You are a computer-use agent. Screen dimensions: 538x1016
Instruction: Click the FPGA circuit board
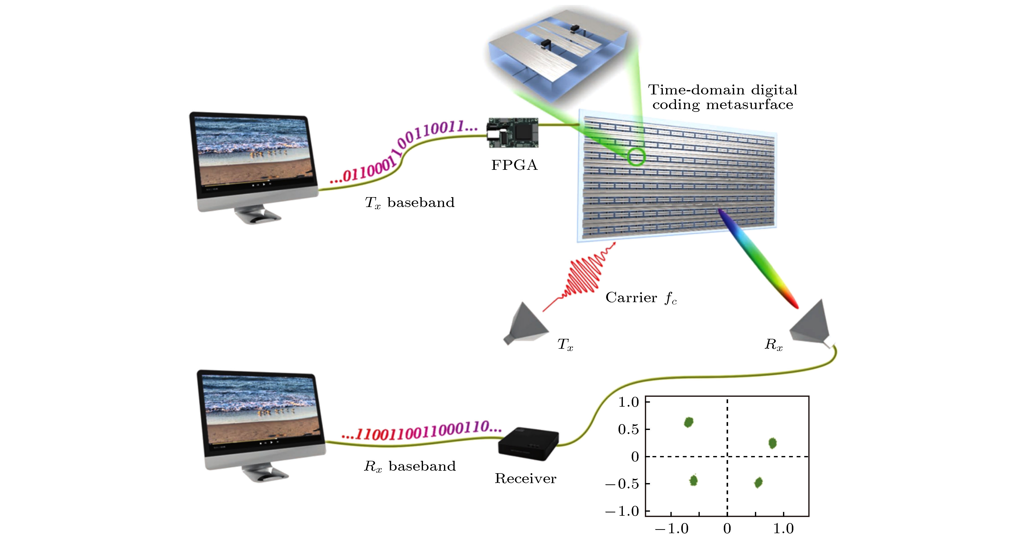[513, 133]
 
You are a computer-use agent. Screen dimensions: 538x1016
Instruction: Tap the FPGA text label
[514, 165]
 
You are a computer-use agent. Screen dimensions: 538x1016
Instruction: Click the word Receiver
[525, 479]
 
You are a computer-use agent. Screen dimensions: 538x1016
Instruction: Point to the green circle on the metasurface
[636, 157]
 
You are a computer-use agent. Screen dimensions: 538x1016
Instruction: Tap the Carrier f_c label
[641, 298]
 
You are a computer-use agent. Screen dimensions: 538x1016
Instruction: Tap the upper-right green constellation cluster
[772, 443]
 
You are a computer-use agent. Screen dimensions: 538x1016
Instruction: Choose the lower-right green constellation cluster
[758, 482]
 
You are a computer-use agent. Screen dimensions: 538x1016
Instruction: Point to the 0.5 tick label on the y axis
[628, 429]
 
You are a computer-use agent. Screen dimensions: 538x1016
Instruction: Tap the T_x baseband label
[409, 203]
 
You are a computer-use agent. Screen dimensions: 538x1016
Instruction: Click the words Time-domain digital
[723, 90]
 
